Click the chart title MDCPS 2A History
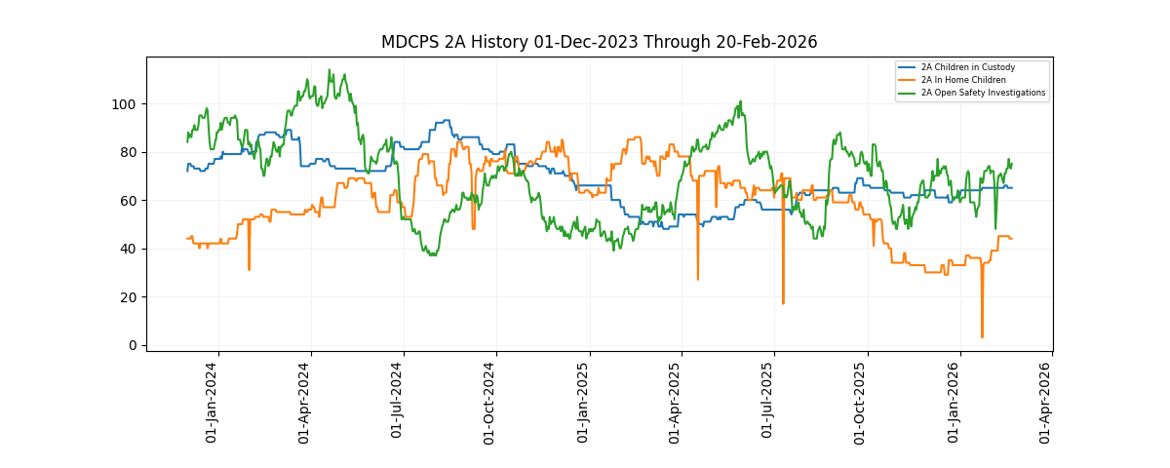(599, 42)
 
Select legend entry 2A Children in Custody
(968, 67)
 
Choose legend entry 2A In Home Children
(963, 80)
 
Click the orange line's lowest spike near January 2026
(982, 337)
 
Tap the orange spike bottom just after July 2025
(783, 303)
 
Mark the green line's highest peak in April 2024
(330, 70)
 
